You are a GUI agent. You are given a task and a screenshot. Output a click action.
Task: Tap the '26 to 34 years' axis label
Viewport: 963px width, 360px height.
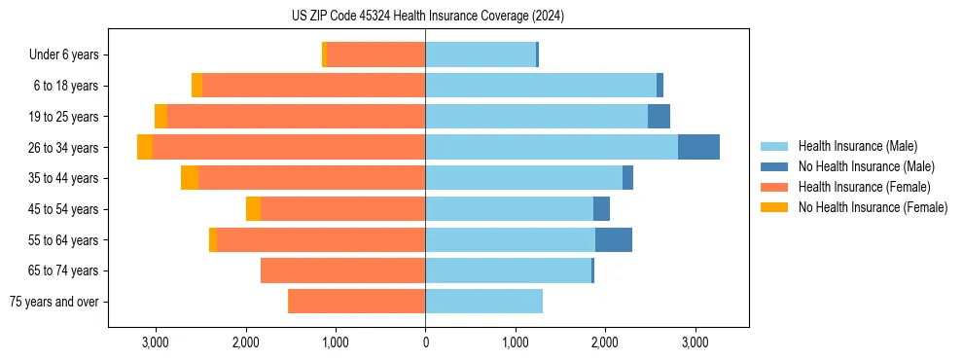[x=63, y=148]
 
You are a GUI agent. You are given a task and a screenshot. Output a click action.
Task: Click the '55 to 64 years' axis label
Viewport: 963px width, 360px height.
[x=63, y=240]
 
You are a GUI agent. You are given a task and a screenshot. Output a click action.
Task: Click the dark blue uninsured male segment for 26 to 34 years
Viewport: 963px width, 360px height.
[x=698, y=147]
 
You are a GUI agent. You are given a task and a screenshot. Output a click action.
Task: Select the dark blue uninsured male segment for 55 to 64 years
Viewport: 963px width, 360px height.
[x=613, y=239]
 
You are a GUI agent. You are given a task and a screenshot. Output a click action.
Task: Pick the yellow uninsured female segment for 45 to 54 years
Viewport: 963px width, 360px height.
[x=253, y=209]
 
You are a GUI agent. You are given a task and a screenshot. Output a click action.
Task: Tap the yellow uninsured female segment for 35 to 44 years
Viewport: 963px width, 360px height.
[x=190, y=178]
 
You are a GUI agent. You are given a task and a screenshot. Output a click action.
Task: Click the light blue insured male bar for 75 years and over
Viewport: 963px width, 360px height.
[x=483, y=302]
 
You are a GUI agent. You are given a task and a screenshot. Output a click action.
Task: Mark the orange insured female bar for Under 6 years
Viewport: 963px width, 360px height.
[x=375, y=55]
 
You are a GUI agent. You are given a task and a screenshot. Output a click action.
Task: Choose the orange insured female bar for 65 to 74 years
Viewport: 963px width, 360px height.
[x=342, y=270]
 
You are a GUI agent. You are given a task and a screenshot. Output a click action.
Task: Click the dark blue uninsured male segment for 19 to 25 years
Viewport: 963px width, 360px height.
[x=659, y=117]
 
